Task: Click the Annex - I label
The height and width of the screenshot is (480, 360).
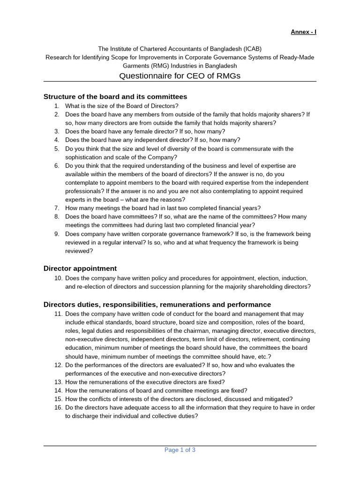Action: pos(303,32)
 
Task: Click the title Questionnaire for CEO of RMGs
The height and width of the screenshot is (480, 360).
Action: pos(180,75)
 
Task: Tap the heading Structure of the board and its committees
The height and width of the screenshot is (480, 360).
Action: pos(115,97)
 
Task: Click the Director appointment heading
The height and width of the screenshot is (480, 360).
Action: pos(80,268)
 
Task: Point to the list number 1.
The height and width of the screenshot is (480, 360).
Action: pos(56,106)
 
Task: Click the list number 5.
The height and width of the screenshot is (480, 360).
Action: pos(56,149)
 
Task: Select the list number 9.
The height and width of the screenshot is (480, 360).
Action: pos(56,234)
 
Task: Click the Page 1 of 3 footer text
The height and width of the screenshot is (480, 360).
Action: pos(180,450)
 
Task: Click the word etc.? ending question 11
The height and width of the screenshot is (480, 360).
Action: pos(262,356)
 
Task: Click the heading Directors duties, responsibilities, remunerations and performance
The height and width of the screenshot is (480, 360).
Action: pos(157,305)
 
